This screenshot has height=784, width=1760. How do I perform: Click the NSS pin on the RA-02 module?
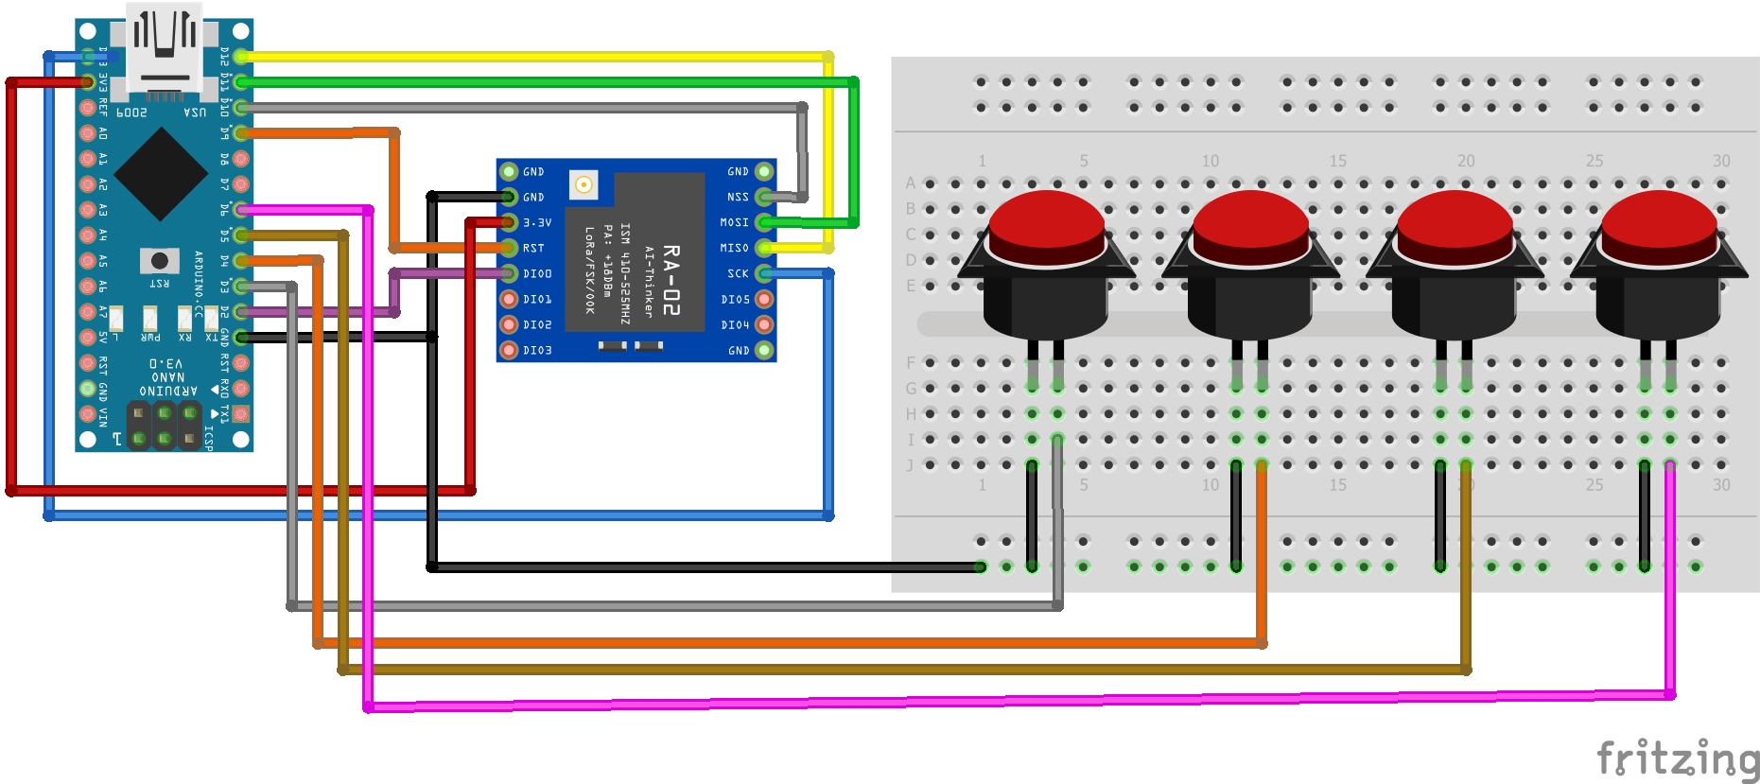764,197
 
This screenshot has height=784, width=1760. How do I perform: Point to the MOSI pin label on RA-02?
734,222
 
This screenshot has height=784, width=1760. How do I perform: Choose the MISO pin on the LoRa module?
764,248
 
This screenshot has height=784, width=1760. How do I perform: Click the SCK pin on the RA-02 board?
764,273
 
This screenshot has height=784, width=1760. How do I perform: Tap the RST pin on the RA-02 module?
509,248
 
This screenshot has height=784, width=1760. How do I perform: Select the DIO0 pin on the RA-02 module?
509,273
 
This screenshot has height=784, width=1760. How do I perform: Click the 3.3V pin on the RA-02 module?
509,222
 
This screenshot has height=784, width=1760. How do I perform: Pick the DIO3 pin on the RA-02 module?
509,350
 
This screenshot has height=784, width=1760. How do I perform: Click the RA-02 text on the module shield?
671,280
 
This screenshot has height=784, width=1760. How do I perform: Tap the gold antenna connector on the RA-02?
584,184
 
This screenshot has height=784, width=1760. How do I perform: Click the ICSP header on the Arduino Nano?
165,426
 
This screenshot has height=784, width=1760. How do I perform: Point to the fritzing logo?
1677,759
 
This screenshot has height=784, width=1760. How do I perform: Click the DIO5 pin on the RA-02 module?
764,299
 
